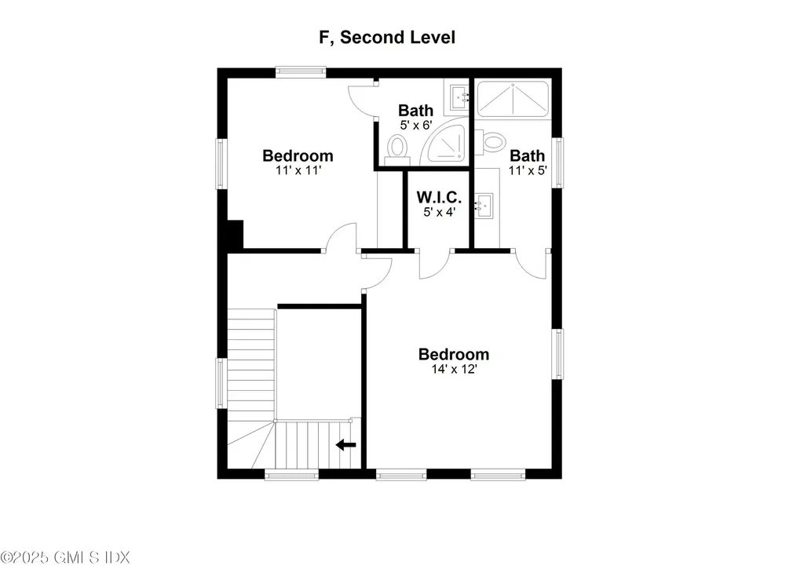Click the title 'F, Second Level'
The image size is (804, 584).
(387, 38)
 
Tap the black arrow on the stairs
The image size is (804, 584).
(346, 444)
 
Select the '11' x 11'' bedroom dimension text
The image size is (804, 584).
(298, 170)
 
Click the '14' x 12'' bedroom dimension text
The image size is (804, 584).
(455, 369)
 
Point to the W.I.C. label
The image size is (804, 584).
(439, 197)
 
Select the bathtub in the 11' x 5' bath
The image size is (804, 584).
(513, 99)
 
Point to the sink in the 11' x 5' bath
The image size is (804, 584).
(483, 206)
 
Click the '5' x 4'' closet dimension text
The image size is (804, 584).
(440, 212)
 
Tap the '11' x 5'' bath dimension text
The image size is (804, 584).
(528, 170)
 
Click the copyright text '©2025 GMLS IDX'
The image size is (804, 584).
(65, 557)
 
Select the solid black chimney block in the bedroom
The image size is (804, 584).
(235, 235)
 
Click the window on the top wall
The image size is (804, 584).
(301, 72)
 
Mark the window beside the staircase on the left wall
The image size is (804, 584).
(221, 383)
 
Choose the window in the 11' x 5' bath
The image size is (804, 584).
(557, 162)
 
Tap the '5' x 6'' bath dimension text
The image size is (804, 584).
(416, 125)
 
